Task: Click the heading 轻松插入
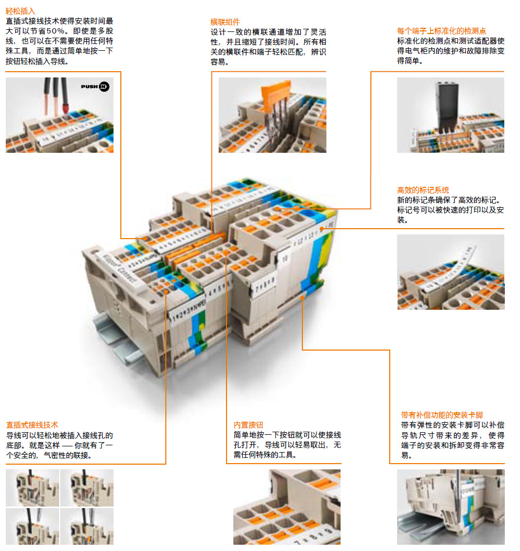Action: pos(20,10)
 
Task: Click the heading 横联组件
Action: pos(225,22)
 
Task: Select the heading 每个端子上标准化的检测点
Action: pos(441,31)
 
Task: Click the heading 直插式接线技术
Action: pos(32,425)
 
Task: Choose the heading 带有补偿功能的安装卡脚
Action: pos(442,415)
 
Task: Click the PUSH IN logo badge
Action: pos(95,86)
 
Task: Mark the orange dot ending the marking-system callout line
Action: pos(322,228)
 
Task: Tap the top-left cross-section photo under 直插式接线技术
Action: pos(32,487)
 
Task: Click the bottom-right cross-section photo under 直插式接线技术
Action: pos(86,526)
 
